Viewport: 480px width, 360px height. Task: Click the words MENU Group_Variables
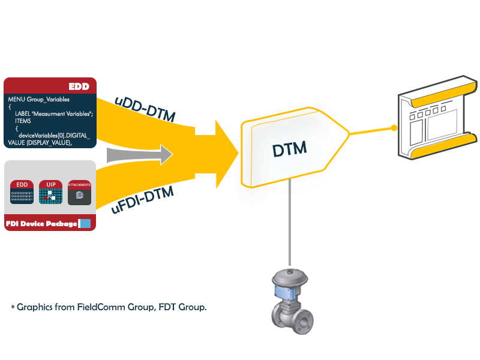tap(40, 98)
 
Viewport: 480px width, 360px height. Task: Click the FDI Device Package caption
tap(41, 224)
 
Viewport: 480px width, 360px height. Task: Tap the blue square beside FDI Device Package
tap(85, 224)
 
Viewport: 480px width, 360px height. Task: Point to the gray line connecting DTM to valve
tap(290, 222)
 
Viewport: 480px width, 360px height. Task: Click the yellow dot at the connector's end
tap(394, 127)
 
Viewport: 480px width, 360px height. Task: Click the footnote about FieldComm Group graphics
tap(112, 307)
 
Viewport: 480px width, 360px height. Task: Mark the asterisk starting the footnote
tap(13, 308)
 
